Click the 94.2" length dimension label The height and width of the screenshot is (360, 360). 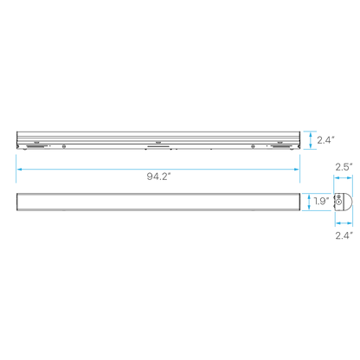(158, 177)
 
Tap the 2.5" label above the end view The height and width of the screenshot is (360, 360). (344, 167)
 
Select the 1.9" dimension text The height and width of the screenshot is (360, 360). (321, 201)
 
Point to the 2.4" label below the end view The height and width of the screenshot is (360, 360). (344, 235)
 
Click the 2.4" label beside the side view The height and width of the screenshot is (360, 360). (325, 140)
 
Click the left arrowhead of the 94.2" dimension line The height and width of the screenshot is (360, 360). (19, 169)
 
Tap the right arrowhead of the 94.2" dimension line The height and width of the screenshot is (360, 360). (297, 169)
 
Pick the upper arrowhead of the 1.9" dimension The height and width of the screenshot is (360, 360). (309, 196)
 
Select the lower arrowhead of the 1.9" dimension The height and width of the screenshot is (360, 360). (309, 208)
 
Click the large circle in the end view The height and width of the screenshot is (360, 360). (338, 202)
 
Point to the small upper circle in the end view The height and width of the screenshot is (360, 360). (338, 196)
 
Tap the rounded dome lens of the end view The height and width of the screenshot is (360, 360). (348, 202)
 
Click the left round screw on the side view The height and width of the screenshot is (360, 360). (64, 146)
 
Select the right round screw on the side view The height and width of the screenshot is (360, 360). (253, 146)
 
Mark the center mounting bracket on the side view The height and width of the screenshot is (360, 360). (157, 146)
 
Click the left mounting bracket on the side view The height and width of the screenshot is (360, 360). (36, 147)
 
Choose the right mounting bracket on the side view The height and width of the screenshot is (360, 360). (280, 147)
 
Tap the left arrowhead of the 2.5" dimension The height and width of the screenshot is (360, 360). (336, 178)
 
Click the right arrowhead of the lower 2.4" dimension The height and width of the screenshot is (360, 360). (350, 222)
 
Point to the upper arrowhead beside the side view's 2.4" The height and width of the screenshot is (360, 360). (311, 133)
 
